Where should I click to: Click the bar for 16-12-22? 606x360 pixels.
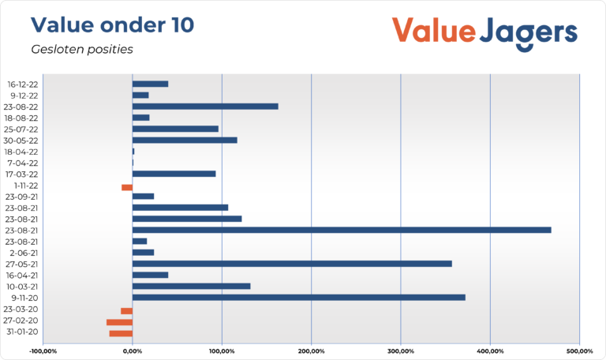point(150,84)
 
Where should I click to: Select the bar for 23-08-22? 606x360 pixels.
point(205,106)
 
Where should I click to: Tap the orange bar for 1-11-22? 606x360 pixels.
point(127,187)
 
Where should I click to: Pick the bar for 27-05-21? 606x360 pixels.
point(292,264)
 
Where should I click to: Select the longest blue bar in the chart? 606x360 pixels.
point(341,230)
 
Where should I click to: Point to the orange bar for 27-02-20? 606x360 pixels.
point(119,322)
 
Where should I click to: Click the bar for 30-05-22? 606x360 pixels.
point(185,140)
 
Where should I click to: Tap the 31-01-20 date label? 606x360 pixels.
point(22,332)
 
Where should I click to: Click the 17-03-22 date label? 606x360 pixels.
point(22,174)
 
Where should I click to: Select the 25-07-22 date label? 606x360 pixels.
point(22,129)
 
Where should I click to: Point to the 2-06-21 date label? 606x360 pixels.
point(24,253)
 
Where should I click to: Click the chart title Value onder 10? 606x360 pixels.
point(112,24)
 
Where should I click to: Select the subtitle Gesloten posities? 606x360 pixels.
point(82,49)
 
